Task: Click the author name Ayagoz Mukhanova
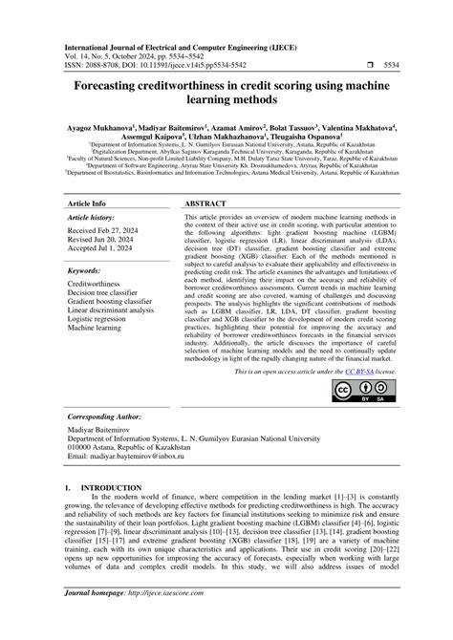pyautogui.click(x=106, y=124)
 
